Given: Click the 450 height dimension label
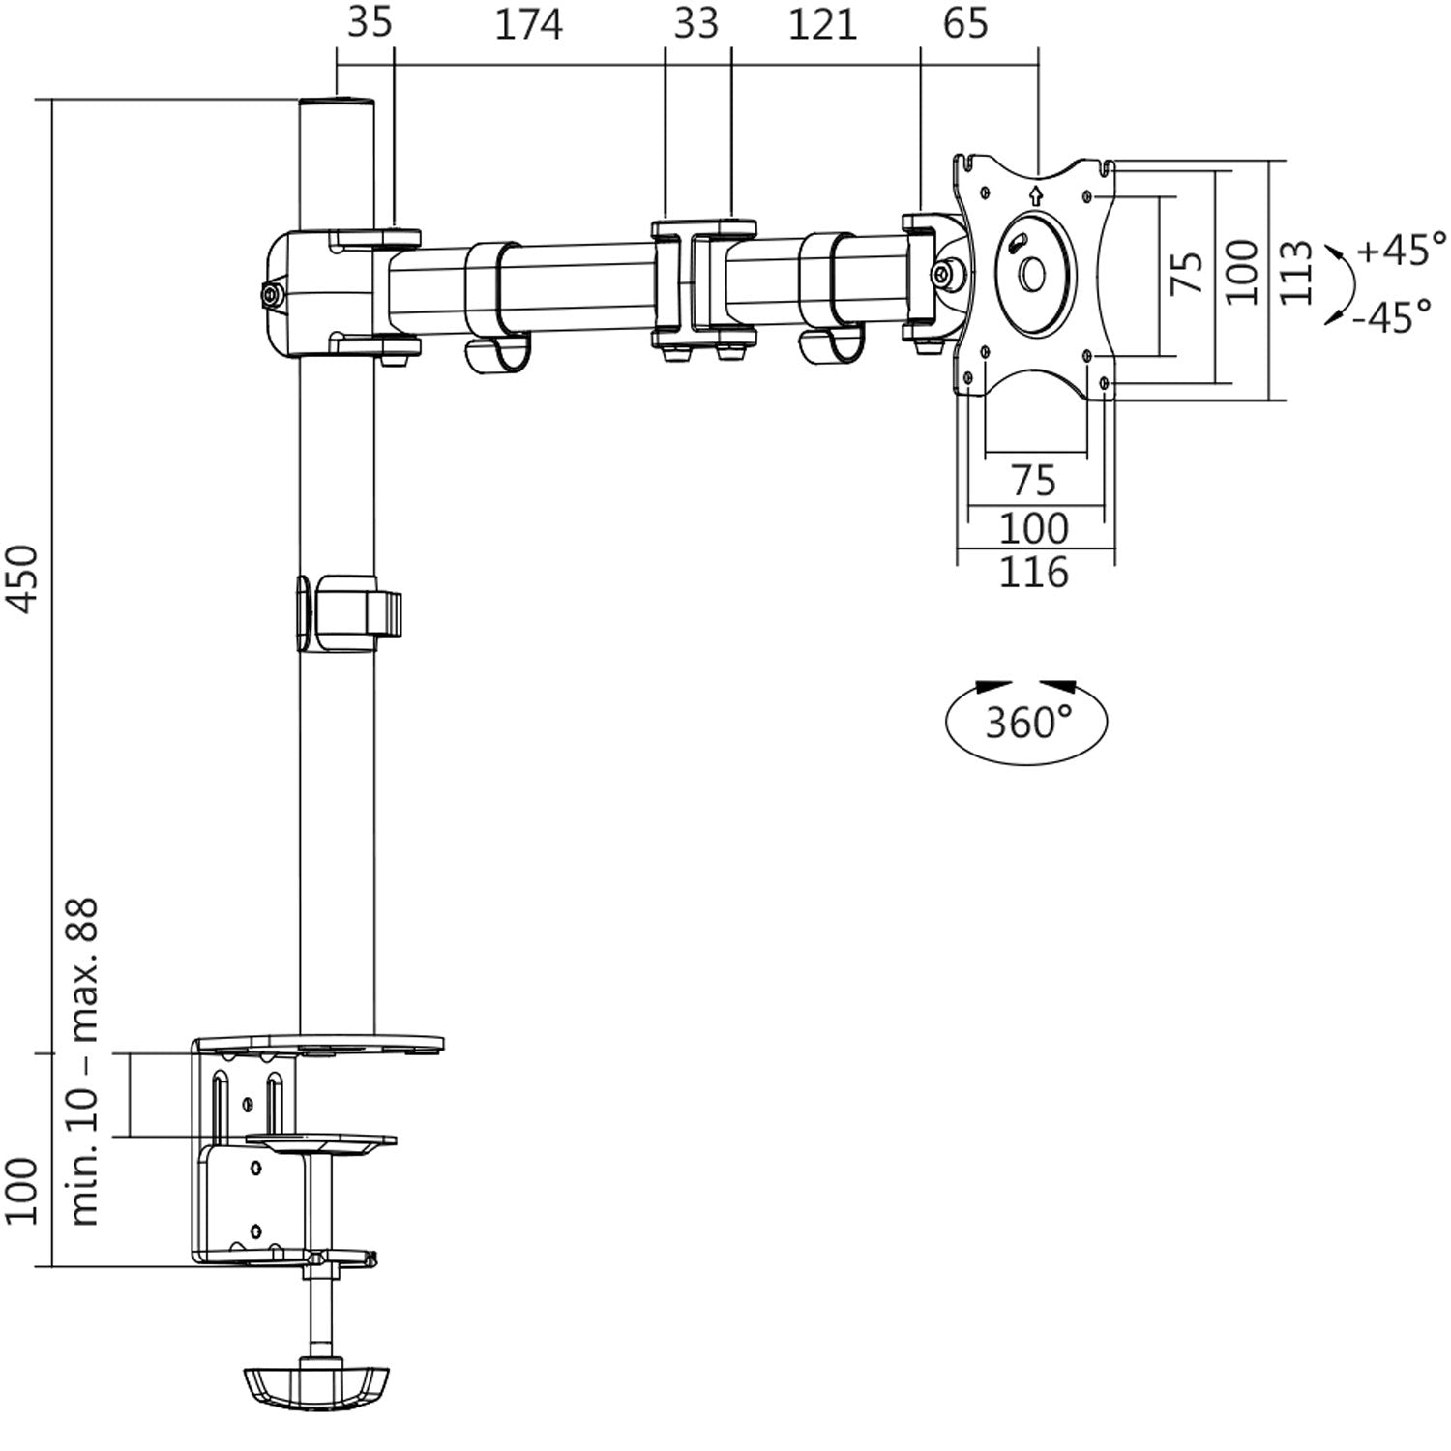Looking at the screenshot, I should pyautogui.click(x=24, y=577).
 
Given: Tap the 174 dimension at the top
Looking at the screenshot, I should pyautogui.click(x=528, y=24).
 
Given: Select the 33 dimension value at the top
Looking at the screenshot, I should pyautogui.click(x=696, y=24).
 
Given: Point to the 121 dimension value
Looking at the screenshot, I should pyautogui.click(x=822, y=24).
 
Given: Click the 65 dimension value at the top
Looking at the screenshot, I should pyautogui.click(x=965, y=24).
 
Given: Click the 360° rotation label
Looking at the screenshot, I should pyautogui.click(x=1027, y=722).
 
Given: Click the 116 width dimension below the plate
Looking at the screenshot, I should pyautogui.click(x=1033, y=573).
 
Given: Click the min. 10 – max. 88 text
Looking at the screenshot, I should pyautogui.click(x=86, y=1062).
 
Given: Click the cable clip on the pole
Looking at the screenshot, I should pyautogui.click(x=348, y=614).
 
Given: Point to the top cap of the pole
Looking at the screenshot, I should pyautogui.click(x=336, y=102).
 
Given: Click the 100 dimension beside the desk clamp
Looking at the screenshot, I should pyautogui.click(x=26, y=1190).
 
